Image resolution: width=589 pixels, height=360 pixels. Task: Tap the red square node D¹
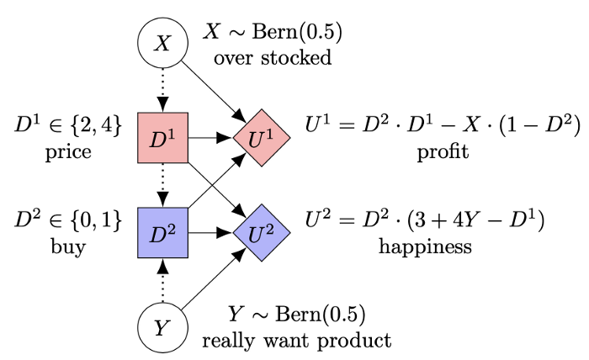coord(163,136)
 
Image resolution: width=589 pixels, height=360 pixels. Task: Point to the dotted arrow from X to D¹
coord(163,89)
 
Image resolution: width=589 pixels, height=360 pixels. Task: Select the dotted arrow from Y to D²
coord(163,281)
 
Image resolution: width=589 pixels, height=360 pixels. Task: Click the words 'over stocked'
coord(273,58)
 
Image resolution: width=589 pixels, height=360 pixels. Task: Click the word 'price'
coord(68,155)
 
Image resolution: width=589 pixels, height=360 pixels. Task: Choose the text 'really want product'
coord(296,341)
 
